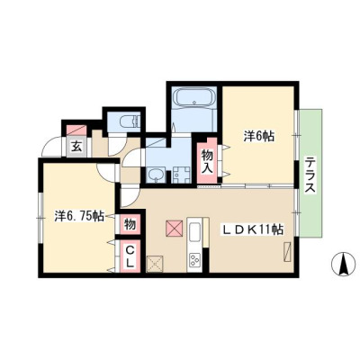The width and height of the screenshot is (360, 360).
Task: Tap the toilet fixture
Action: tap(130, 121)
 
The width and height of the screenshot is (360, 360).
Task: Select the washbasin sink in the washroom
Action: tap(156, 175)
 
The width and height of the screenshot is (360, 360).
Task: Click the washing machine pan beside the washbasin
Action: tap(182, 175)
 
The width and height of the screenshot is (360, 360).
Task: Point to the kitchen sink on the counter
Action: tap(194, 232)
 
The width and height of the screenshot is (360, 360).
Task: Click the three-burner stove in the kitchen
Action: tap(194, 260)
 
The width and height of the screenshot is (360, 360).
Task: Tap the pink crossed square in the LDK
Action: tap(175, 228)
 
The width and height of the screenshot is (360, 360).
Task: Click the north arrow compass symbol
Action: tap(341, 264)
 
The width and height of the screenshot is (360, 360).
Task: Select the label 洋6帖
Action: tap(258, 137)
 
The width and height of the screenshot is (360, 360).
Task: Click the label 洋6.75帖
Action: tap(79, 216)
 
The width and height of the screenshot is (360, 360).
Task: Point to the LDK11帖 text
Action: tap(252, 230)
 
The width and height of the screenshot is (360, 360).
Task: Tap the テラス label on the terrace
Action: tap(310, 175)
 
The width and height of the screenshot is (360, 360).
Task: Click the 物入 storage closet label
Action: tap(207, 162)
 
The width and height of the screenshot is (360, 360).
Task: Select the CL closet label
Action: tap(130, 256)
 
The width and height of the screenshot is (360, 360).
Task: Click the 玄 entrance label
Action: tap(76, 147)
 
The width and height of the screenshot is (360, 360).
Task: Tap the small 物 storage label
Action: tap(130, 224)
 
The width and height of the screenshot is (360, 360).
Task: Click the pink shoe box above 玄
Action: tap(76, 130)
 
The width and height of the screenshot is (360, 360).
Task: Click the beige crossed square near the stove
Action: tap(155, 264)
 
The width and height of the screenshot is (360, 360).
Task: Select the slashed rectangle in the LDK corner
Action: tap(287, 252)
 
